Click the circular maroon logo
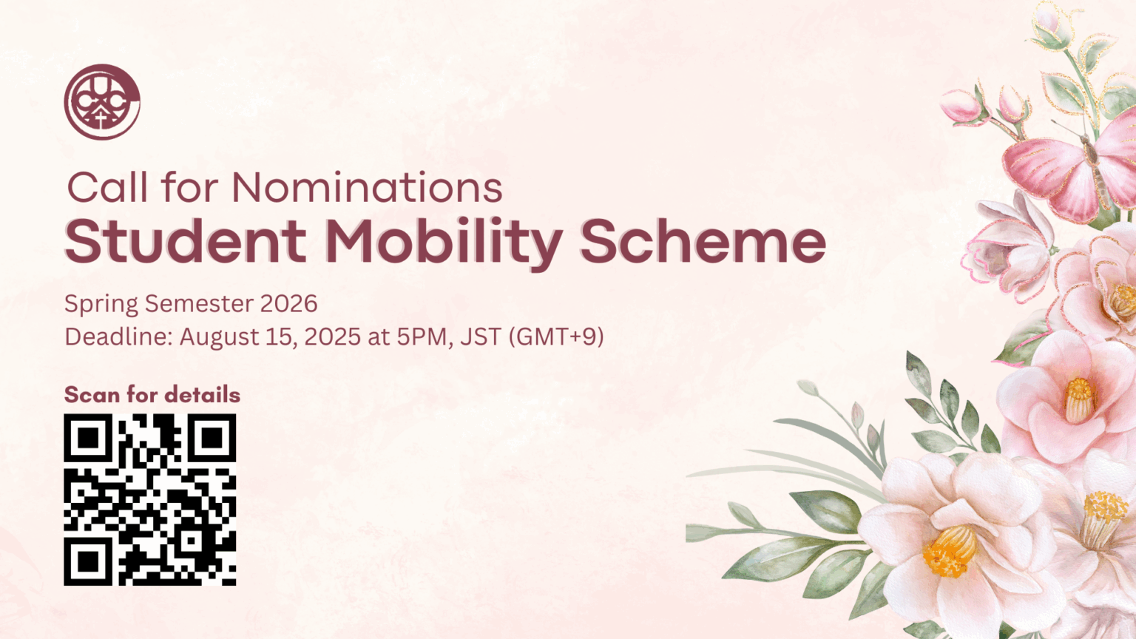click(102, 102)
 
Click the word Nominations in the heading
click(367, 188)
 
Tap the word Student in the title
click(186, 242)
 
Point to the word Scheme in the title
click(703, 242)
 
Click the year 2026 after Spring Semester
click(288, 304)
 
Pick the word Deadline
click(118, 337)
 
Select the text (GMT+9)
click(556, 337)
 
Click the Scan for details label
click(152, 395)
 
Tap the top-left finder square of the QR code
click(88, 439)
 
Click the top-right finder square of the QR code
click(212, 439)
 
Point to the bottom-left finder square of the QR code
click(88, 561)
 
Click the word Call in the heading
click(107, 188)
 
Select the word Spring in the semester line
click(101, 304)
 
